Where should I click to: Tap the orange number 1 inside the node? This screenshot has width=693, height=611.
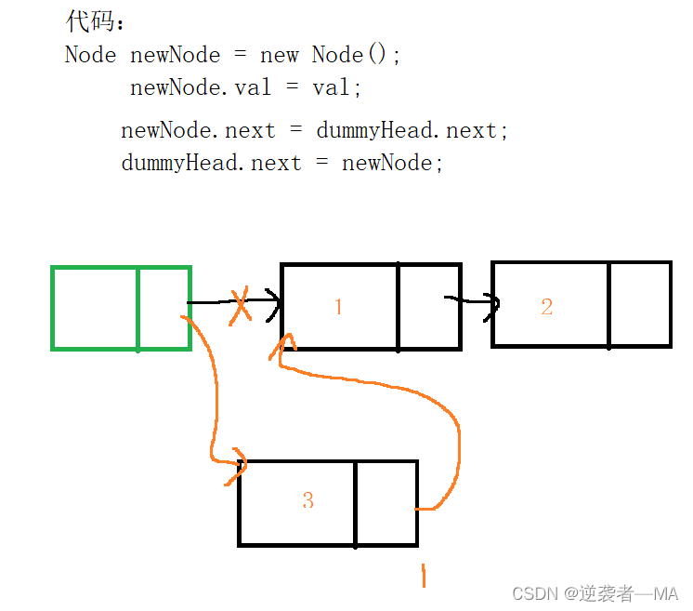[x=338, y=306]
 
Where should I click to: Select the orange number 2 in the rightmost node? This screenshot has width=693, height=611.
[x=546, y=307]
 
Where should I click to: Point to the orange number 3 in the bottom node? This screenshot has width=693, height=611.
[x=307, y=500]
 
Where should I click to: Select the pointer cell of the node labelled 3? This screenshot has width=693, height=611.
[x=386, y=502]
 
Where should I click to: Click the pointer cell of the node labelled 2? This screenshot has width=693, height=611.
[x=639, y=305]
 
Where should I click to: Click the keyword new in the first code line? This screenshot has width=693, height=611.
[x=280, y=55]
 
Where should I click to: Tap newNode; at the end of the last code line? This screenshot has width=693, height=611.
[x=393, y=164]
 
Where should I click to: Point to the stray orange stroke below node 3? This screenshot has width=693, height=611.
[x=423, y=576]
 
